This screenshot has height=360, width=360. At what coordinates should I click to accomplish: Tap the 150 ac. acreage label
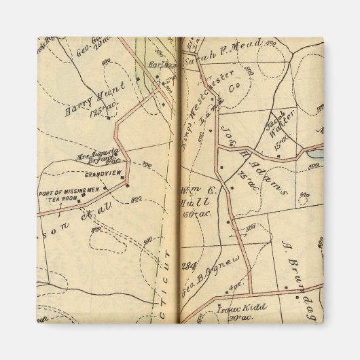(x=196, y=214)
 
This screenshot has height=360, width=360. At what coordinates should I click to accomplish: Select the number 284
(x=189, y=265)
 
